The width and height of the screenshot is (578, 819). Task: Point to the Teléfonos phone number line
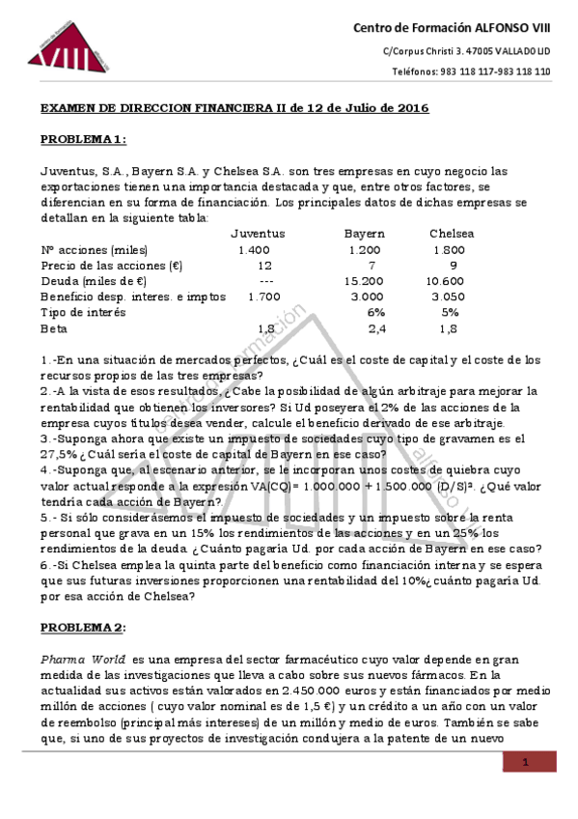[471, 71]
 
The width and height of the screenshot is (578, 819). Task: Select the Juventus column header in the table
[258, 234]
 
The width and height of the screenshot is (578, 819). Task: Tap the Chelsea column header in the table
[452, 234]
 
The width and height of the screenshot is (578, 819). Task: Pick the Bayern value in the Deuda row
[364, 280]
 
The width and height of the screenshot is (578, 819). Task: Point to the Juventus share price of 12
[264, 265]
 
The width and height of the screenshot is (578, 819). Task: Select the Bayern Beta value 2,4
[377, 328]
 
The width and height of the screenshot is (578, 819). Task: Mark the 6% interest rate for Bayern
[376, 312]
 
